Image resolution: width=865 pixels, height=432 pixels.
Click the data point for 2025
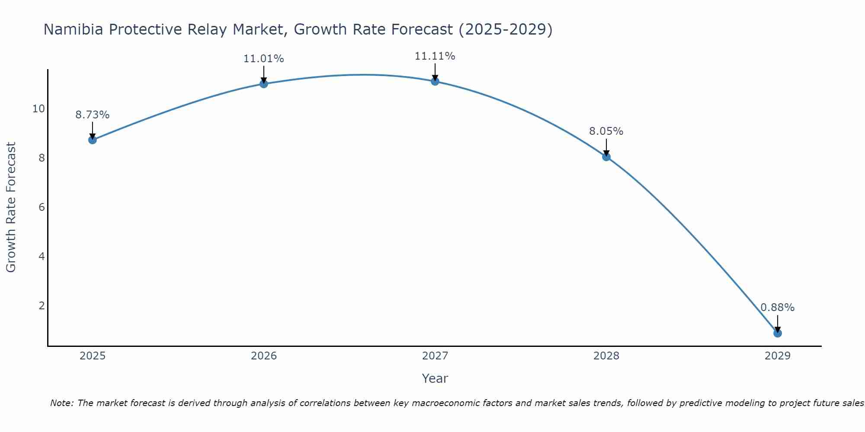coord(93,140)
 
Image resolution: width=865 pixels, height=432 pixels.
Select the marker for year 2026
coord(264,84)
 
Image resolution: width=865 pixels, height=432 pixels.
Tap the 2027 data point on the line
coord(435,81)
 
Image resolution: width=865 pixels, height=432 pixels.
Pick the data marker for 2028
coord(606,157)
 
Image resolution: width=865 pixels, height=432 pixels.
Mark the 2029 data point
coord(778,333)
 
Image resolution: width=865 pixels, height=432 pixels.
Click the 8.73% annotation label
coord(93,115)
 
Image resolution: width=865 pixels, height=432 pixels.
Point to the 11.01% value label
coord(264,59)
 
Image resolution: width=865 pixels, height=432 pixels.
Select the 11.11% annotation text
coord(435,56)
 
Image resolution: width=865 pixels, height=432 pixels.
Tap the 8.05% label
coord(606,131)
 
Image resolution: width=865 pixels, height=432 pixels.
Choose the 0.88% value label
coord(778,308)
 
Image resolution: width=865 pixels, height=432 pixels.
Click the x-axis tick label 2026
coord(264,356)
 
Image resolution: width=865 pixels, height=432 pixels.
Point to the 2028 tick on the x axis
coord(606,356)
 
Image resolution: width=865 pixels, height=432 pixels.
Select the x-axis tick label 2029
coord(778,356)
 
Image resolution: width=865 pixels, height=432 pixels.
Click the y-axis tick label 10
coord(38,108)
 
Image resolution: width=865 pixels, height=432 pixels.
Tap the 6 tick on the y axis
coord(42,207)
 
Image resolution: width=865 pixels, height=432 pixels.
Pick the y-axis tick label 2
coord(42,306)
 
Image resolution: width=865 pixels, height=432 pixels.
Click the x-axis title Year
coord(435,378)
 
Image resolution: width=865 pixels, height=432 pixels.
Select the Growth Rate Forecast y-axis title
coord(11,207)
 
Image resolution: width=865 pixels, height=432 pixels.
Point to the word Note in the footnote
coord(62,403)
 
